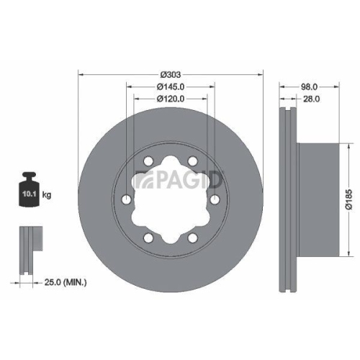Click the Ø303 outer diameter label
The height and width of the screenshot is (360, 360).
(x=171, y=74)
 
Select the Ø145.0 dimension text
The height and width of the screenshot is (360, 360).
(x=171, y=86)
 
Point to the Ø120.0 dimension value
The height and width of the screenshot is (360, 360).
(x=171, y=99)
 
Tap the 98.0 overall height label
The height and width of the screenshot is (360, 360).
(x=310, y=86)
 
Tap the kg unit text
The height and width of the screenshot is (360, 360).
(x=47, y=195)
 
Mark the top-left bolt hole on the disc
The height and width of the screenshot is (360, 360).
(x=148, y=162)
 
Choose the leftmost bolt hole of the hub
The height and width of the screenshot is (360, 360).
(x=126, y=200)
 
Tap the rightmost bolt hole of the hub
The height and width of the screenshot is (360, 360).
(x=215, y=200)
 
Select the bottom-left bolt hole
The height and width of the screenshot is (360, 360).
(x=148, y=238)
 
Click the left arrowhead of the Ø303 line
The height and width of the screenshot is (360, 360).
(x=81, y=74)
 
